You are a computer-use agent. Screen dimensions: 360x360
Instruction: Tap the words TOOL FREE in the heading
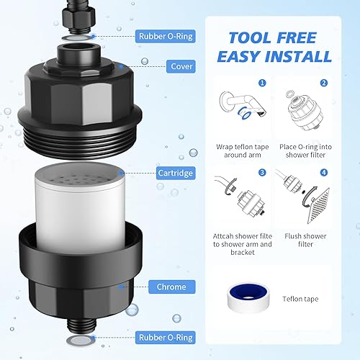click(274, 36)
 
